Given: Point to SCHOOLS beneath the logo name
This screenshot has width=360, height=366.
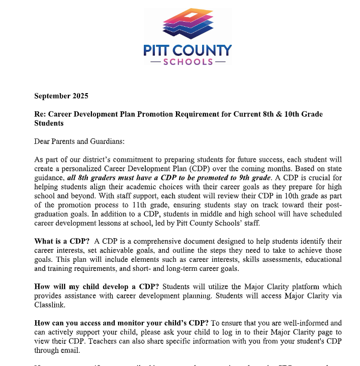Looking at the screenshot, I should tap(188, 62).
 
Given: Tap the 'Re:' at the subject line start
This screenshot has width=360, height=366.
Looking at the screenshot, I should tap(40, 114).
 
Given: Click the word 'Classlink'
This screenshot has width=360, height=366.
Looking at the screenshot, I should tap(50, 305).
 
